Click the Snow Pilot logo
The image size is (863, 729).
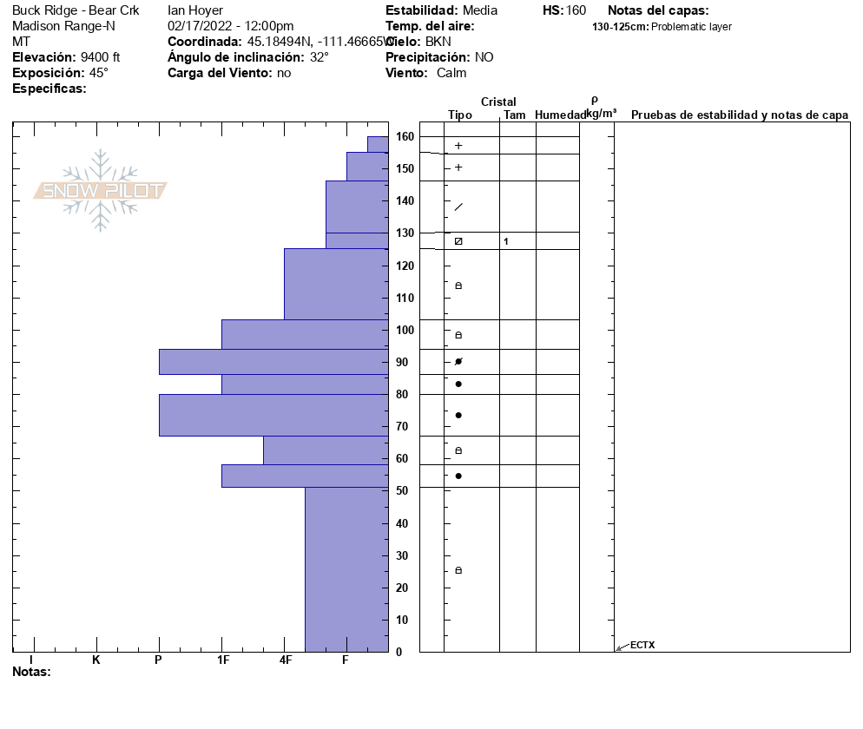(101, 190)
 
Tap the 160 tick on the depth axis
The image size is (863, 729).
(405, 136)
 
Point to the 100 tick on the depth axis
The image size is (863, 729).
(405, 330)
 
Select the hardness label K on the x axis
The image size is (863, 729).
(96, 660)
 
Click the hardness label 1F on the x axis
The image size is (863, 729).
(222, 660)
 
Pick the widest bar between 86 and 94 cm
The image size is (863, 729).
(273, 361)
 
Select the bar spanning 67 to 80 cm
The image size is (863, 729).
(273, 415)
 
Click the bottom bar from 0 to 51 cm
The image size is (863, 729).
(346, 568)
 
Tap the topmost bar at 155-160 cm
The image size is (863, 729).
(378, 144)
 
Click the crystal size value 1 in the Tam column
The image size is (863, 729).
(506, 241)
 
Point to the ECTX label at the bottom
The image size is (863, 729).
(642, 645)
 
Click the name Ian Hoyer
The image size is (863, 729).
(195, 10)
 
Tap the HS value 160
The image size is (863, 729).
(576, 10)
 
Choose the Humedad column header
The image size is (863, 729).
(561, 115)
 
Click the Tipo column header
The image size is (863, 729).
(460, 115)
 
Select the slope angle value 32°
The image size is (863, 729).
(320, 57)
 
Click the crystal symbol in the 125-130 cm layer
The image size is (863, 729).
(458, 241)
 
